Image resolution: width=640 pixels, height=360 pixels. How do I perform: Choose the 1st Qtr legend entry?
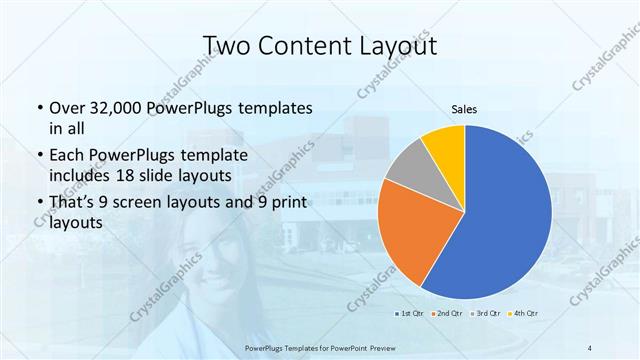tap(410, 315)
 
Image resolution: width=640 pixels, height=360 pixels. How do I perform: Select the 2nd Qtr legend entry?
tap(446, 315)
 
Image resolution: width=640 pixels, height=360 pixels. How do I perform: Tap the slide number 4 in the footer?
tap(590, 347)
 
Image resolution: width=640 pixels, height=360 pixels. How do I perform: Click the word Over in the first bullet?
tap(66, 108)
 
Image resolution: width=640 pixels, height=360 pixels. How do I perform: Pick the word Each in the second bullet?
tap(66, 156)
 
